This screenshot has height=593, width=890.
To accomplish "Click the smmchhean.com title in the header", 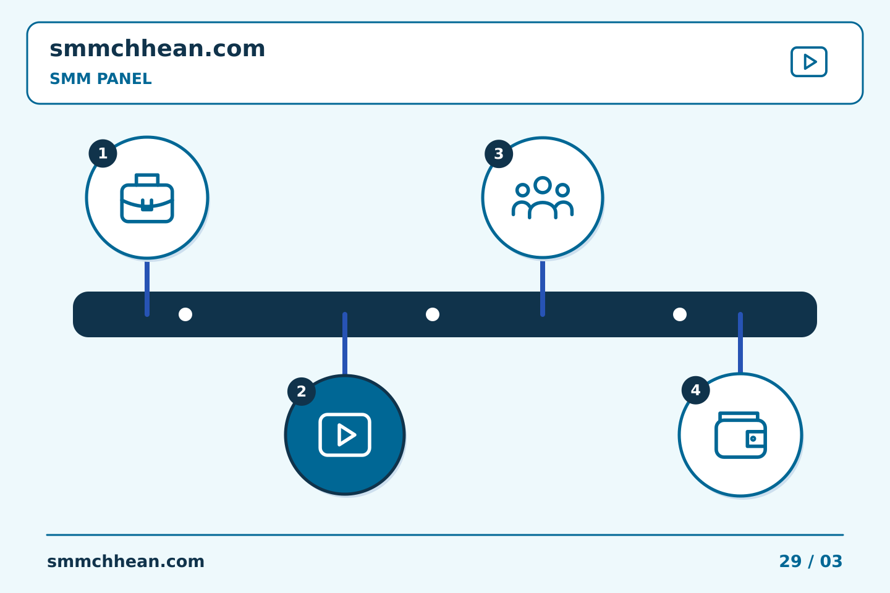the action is pos(158,48).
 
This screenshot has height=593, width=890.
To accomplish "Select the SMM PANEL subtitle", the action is pos(101,78).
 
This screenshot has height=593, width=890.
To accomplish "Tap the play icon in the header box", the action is pos(809,62).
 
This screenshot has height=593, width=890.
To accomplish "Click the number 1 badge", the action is pos(103,153).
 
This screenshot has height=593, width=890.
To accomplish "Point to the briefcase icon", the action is pos(147,198).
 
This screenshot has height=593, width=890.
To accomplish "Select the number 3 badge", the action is pos(499,154).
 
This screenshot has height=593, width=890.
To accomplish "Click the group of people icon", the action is pos(543,198).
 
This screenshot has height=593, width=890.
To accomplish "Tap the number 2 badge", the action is pos(302,391).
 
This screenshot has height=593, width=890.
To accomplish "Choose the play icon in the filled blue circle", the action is pos(345,435).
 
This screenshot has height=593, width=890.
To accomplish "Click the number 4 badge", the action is pos(696,390).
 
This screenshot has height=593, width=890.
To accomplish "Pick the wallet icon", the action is pos(740,435).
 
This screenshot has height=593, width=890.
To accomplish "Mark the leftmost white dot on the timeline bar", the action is pos(185,314).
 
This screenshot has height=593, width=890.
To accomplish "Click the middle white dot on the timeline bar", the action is pos(433,314).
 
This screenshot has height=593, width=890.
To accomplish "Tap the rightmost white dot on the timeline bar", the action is pos(680,314).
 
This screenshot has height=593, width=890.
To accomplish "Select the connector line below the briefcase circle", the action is pos(147,288).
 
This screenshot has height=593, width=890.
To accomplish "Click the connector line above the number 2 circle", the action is pos(345,343).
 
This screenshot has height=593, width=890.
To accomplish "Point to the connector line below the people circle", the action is pos(543,288).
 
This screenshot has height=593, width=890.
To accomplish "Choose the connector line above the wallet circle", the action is pos(740,342).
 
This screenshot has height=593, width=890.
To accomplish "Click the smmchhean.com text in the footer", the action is pos(125,561).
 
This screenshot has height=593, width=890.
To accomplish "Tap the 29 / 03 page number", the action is pos(810,561).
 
